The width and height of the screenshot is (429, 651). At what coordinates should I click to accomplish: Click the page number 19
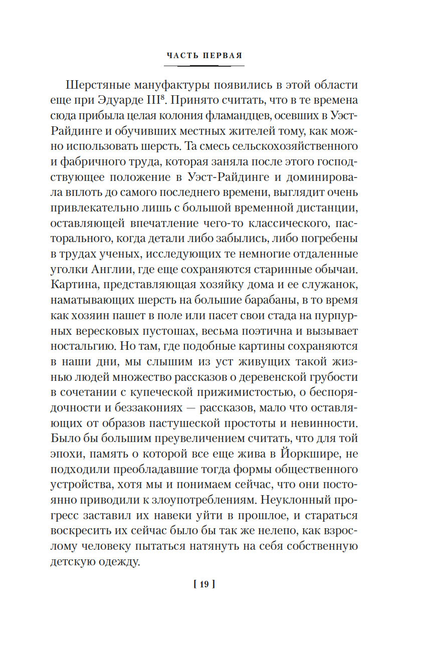click(x=204, y=585)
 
